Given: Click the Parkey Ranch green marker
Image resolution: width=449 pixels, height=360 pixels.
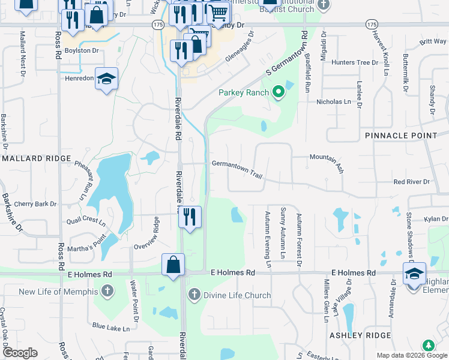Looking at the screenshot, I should (x=278, y=92).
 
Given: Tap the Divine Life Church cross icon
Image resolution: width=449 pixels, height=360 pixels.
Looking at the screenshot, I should (x=193, y=295).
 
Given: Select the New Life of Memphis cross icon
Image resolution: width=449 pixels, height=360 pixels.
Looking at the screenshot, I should (x=107, y=292).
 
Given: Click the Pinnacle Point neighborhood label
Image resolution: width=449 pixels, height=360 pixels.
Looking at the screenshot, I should (x=401, y=136).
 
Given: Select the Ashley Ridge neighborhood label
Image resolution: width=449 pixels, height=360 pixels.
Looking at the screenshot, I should (x=360, y=335).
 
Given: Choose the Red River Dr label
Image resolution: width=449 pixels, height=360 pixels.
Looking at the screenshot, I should (x=411, y=181).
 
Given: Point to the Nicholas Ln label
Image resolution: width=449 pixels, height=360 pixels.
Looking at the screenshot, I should (x=333, y=102).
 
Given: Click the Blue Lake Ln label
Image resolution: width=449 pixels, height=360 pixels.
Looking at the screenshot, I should (x=110, y=328).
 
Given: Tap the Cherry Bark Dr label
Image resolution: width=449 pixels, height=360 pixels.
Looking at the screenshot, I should (x=35, y=204).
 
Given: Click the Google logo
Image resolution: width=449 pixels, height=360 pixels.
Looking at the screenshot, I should (x=20, y=353).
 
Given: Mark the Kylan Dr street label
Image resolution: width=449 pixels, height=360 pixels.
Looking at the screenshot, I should (x=435, y=220).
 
